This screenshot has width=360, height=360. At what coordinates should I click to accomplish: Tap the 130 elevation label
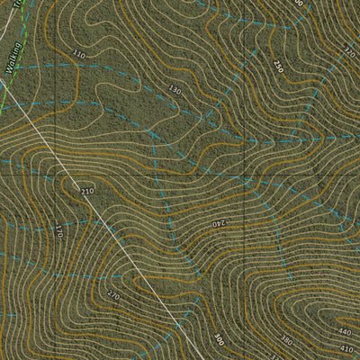175,90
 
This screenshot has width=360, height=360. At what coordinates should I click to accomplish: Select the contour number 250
278,67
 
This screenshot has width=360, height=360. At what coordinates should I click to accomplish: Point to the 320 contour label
348,52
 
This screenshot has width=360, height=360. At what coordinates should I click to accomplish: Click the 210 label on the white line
87,192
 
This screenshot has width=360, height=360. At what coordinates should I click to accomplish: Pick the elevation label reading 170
59,230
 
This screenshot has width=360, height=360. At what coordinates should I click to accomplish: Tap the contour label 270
113,295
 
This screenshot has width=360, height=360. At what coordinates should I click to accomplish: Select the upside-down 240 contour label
220,222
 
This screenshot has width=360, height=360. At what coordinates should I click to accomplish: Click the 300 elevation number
219,339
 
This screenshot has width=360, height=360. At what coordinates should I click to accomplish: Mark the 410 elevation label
346,348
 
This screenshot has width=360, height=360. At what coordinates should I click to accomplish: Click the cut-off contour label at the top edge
298,4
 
